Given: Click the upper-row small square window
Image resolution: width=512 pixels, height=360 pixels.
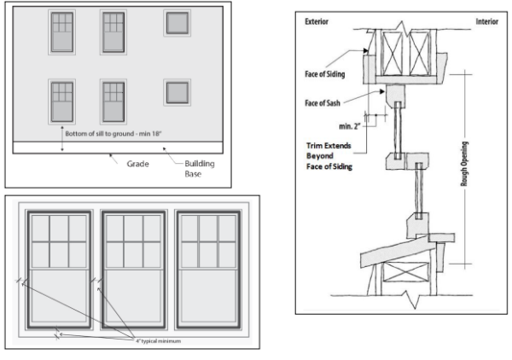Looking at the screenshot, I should [177, 23].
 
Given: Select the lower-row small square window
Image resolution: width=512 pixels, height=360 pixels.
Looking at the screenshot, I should [177, 92].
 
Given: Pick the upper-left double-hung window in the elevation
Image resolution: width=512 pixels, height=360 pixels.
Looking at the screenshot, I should [61, 32].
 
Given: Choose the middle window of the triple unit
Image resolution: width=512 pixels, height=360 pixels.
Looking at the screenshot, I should [133, 270].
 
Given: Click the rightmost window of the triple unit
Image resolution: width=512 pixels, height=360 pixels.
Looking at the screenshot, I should [208, 270].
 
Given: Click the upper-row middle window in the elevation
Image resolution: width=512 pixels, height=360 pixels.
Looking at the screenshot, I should [113, 32].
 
